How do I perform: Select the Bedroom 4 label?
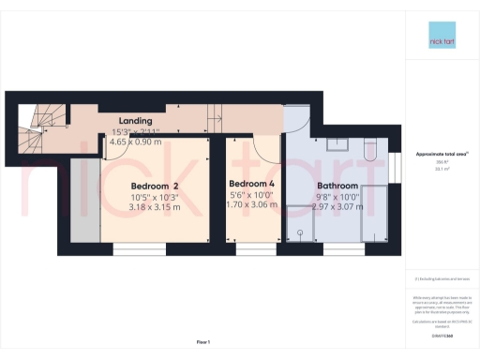pyautogui.click(x=251, y=183)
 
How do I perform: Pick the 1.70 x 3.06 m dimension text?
pyautogui.click(x=251, y=202)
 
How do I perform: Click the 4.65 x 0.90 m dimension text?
pyautogui.click(x=134, y=140)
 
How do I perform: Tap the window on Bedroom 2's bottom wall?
pyautogui.click(x=132, y=249)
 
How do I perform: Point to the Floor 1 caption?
pyautogui.click(x=202, y=343)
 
